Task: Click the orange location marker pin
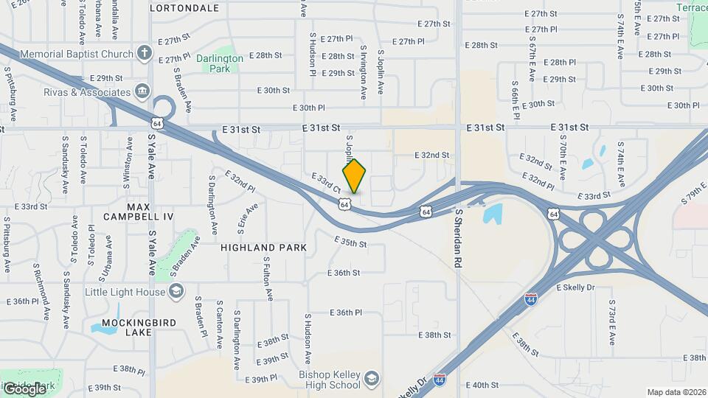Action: pos(354,176)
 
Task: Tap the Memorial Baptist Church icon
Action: pos(145,54)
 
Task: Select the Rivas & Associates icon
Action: pos(142,93)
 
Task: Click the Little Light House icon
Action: pos(176,292)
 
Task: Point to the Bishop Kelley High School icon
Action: pos(372,380)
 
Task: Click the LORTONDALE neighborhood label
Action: pos(184,9)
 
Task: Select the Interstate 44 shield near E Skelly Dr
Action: pos(530,299)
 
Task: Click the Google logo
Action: pos(24,388)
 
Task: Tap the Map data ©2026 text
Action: pos(676,392)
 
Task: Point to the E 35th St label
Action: pos(350,242)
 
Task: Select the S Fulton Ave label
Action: pos(268,279)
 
